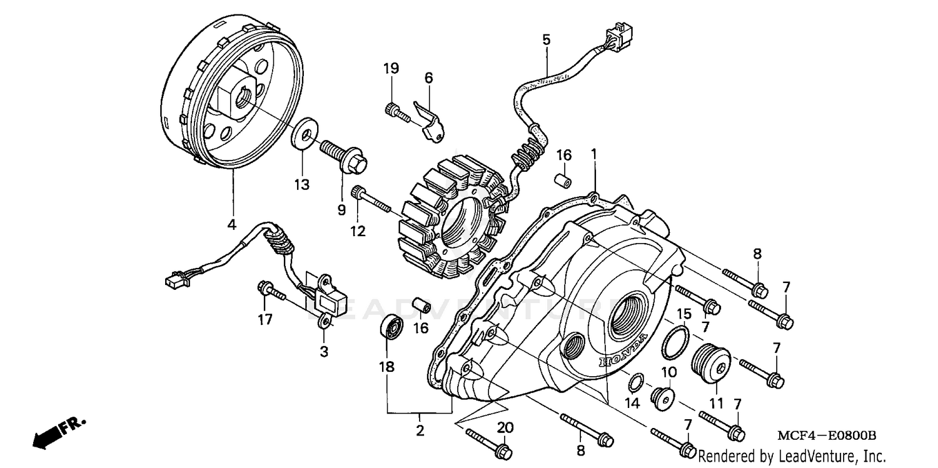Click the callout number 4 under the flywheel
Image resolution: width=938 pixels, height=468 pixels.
point(231,224)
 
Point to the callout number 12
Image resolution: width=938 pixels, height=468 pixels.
point(357,231)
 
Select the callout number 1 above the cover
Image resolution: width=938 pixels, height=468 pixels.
point(594,154)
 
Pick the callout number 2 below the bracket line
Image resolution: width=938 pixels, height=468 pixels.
point(420,430)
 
